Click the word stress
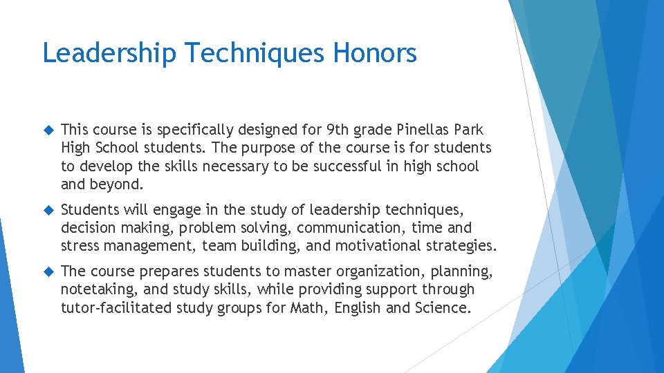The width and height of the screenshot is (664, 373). click(80, 246)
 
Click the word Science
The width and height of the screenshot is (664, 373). click(442, 307)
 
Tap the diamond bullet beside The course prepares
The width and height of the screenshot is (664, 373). click(48, 271)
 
